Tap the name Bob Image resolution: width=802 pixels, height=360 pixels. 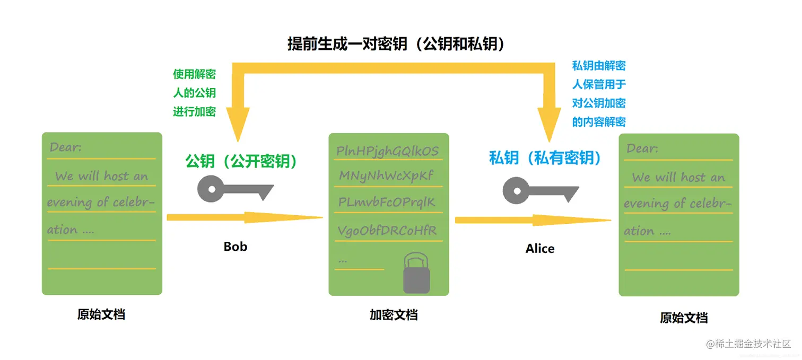(x=235, y=247)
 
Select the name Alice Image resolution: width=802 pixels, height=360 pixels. (x=539, y=249)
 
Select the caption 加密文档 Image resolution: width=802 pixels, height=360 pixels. (x=393, y=315)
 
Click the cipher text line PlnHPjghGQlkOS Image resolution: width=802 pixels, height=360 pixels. (x=388, y=151)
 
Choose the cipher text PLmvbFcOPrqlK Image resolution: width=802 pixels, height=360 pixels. (x=387, y=203)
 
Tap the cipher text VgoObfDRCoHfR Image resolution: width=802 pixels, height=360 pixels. (x=388, y=231)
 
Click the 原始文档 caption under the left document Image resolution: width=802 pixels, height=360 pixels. (x=101, y=314)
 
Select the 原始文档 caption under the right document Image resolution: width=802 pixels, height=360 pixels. (x=683, y=318)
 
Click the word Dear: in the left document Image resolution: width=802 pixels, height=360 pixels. (x=66, y=147)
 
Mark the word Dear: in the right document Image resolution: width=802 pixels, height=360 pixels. (x=642, y=148)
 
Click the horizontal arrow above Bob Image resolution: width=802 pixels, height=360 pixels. (x=244, y=217)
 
